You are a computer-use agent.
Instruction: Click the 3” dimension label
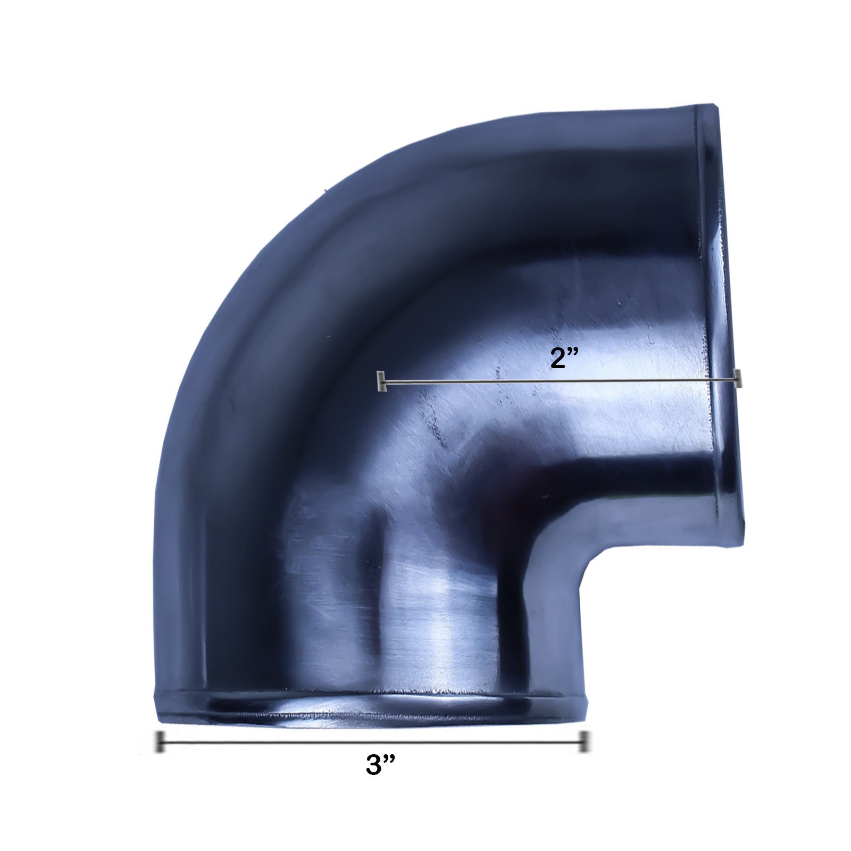click(380, 766)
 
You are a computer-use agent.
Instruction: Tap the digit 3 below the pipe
click(374, 766)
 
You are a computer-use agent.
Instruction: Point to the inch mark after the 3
click(389, 760)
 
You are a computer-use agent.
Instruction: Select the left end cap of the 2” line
click(380, 381)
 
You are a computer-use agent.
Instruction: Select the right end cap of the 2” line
click(737, 378)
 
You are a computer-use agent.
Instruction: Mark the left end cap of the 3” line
click(159, 742)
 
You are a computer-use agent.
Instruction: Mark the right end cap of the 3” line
click(584, 741)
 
